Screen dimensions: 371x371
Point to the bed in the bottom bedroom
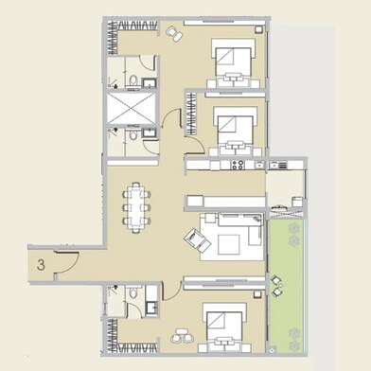click(224, 327)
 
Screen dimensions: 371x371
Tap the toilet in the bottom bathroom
click(151, 309)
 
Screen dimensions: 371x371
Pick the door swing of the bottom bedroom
click(173, 288)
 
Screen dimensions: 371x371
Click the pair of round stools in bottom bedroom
click(182, 333)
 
